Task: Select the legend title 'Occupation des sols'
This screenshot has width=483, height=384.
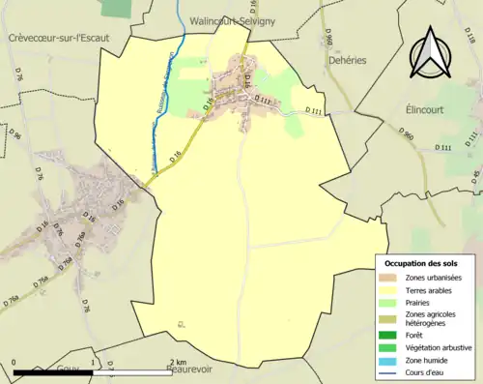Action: (x=421, y=263)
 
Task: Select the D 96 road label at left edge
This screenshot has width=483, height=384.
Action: (x=16, y=135)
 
